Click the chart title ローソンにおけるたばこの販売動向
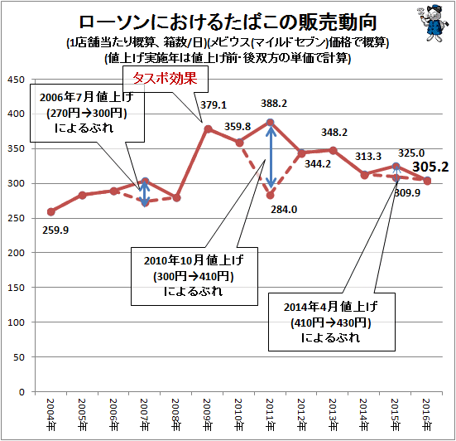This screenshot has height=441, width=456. pyautogui.click(x=228, y=22)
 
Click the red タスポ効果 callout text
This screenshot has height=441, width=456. pyautogui.click(x=166, y=79)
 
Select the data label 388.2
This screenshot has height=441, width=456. pyautogui.click(x=274, y=104)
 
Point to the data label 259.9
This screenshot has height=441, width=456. pyautogui.click(x=55, y=230)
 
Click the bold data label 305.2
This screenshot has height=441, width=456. pyautogui.click(x=430, y=167)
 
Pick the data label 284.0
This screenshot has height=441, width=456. pyautogui.click(x=284, y=210)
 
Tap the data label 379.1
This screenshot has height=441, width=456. pyautogui.click(x=214, y=104)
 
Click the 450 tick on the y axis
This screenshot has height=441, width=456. pyautogui.click(x=16, y=80)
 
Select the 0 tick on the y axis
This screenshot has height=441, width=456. pyautogui.click(x=22, y=392)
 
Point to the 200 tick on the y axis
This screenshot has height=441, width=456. pyautogui.click(x=16, y=253)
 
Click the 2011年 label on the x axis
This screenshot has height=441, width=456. pyautogui.click(x=270, y=414)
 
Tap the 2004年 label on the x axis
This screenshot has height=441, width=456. pyautogui.click(x=50, y=414)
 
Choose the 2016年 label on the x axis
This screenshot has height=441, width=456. pyautogui.click(x=427, y=414)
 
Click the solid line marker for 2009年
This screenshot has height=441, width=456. pyautogui.click(x=208, y=128)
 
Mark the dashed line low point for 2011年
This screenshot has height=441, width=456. pyautogui.click(x=270, y=195)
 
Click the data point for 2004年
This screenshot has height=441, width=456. pyautogui.click(x=50, y=211)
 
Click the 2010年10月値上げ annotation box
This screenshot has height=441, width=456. pyautogui.click(x=194, y=276)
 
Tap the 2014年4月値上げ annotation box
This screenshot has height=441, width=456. pyautogui.click(x=332, y=322)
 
